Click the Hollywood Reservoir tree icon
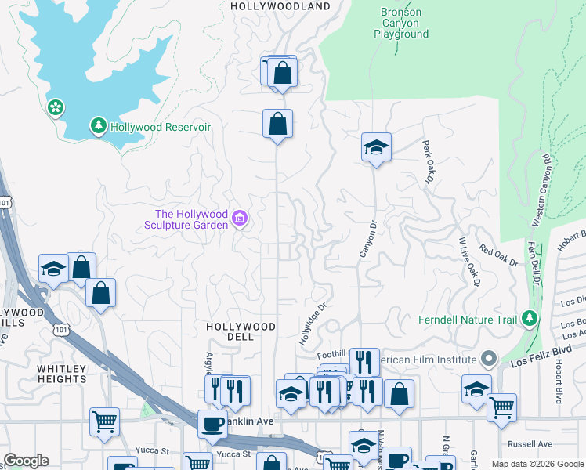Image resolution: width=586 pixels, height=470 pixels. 99,125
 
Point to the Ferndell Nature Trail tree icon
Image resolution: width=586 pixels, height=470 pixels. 530,318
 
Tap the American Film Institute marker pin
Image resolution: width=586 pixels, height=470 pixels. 490,360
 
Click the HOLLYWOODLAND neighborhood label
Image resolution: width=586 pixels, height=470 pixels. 280,6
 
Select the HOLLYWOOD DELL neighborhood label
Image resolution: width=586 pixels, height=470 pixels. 241,331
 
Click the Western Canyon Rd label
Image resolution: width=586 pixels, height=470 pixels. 541,190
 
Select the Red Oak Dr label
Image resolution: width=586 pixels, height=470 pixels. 499,258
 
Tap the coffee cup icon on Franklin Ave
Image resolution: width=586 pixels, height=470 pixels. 212,423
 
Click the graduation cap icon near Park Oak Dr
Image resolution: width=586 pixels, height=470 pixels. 376,146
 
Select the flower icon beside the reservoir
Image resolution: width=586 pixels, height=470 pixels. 56,107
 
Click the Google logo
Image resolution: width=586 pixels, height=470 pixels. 26,461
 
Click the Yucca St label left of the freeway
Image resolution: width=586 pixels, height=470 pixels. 154,451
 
